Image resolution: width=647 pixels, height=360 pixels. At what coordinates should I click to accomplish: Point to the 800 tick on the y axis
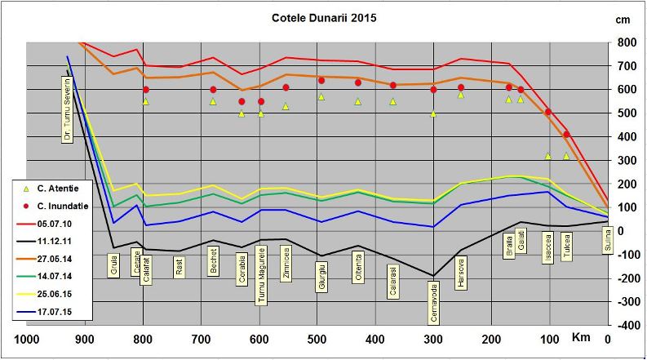[626, 42]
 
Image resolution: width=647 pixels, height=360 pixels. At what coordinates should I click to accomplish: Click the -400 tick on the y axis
[625, 325]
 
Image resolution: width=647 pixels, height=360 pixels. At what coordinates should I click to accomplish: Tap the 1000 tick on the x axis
[27, 340]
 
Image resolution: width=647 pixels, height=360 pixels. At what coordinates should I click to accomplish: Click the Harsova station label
[461, 272]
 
